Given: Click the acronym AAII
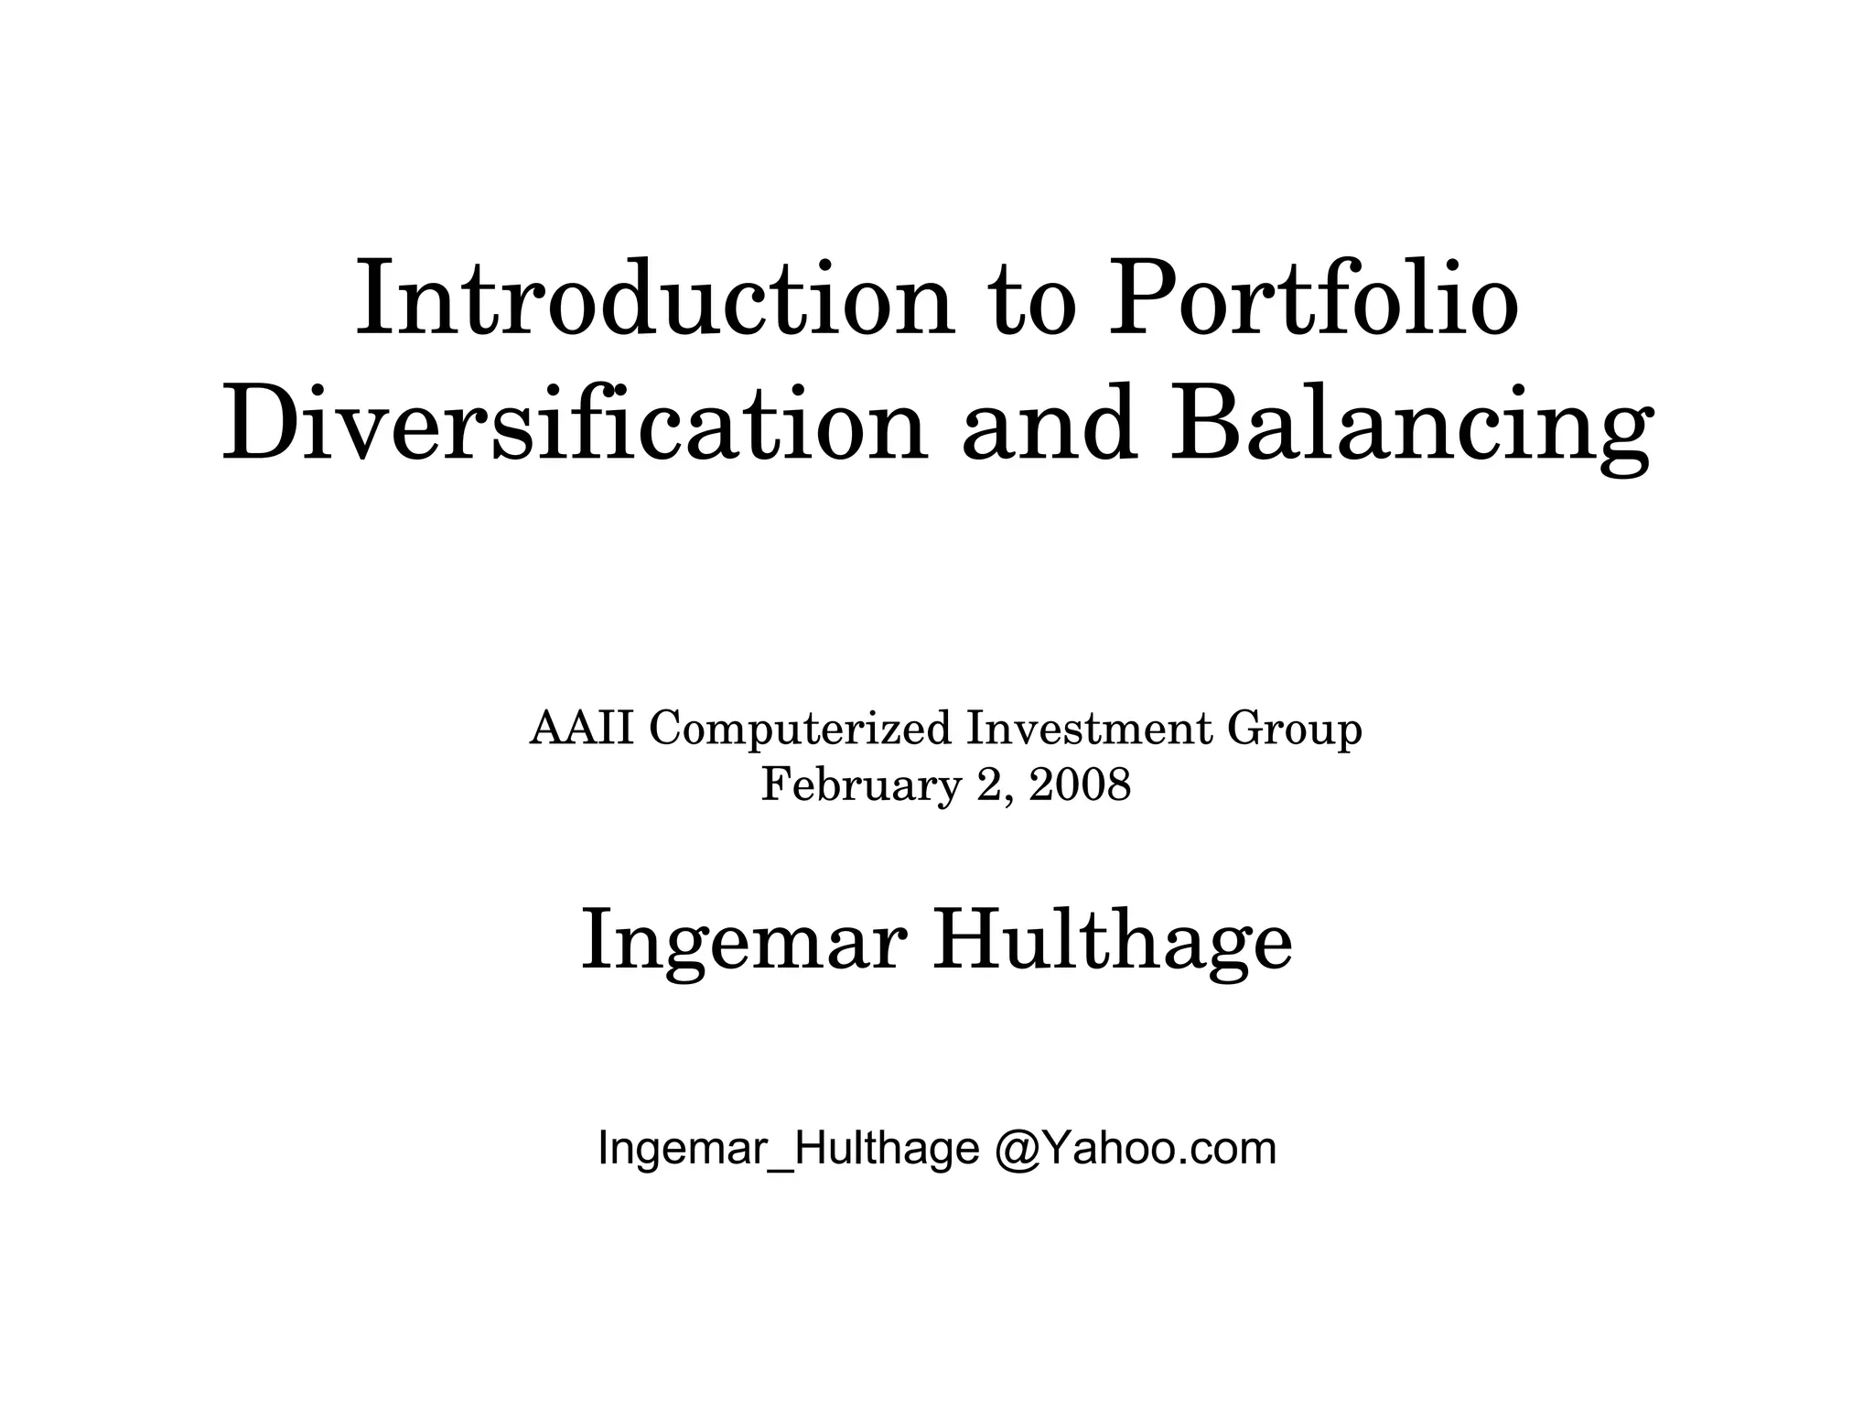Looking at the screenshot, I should coord(582,730).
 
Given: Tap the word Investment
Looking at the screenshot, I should coord(1090,730).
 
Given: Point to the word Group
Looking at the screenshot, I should coord(1295,730).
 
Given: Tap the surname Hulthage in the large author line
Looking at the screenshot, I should coord(1112,943).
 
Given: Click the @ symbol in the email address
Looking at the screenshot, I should coord(1015,1149).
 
